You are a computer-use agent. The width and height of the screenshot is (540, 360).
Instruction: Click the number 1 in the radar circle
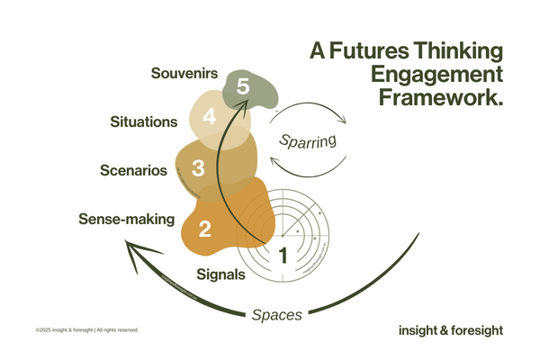click(x=283, y=255)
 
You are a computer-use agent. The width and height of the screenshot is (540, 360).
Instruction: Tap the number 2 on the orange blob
click(x=204, y=229)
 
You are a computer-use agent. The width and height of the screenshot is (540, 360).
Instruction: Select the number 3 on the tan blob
click(x=199, y=167)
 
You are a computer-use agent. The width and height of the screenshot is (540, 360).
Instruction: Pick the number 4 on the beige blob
click(x=210, y=117)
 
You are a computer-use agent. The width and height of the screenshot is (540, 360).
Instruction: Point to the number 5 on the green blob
click(x=242, y=86)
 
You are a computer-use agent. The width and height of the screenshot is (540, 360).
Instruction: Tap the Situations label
click(x=144, y=121)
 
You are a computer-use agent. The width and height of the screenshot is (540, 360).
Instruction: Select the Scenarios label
click(x=132, y=169)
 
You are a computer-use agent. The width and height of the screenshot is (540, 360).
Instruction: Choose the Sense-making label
click(x=126, y=219)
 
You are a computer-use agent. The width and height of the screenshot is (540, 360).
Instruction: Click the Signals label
click(x=220, y=274)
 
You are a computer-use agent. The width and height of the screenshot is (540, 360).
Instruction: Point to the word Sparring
click(x=307, y=140)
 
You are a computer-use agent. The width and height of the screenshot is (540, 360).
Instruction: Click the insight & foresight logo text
click(x=450, y=329)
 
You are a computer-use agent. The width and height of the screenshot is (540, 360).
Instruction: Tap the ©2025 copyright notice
click(x=87, y=330)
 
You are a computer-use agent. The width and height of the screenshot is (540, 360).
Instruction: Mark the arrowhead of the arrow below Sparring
click(x=276, y=161)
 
